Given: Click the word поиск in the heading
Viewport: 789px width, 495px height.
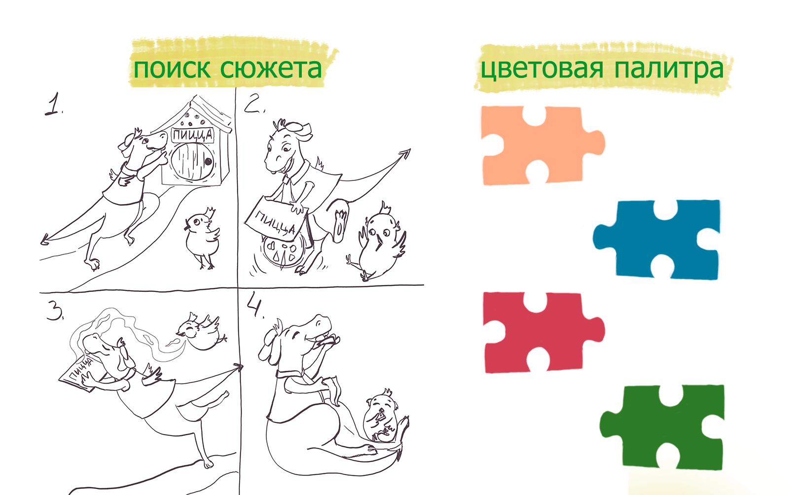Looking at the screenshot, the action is (172, 69).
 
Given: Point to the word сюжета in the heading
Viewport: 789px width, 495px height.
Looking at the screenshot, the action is (271, 69).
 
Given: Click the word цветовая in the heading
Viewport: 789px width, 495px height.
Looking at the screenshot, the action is (542, 70).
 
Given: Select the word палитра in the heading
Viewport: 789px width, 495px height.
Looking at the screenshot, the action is (669, 70).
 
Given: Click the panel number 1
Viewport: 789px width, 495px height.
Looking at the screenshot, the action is (53, 104).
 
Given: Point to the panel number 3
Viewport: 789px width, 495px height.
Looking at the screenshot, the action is (55, 311).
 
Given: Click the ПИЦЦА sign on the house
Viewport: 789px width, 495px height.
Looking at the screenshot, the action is (192, 135).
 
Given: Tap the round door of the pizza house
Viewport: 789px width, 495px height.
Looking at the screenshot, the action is (191, 161).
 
